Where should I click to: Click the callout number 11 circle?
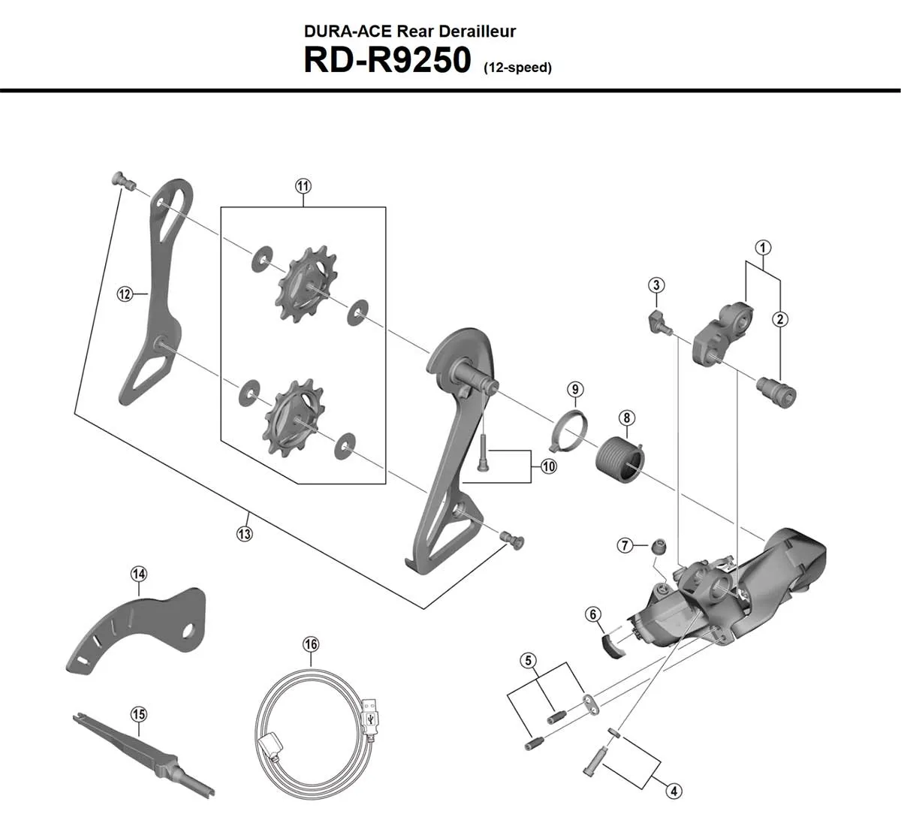303,185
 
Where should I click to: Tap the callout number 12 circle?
125,294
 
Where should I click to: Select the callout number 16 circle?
311,644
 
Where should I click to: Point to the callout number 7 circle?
625,546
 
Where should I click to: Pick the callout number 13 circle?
244,534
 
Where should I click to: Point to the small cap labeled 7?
658,547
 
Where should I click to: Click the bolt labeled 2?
776,391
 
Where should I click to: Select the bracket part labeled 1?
723,333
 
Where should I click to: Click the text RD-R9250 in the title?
386,61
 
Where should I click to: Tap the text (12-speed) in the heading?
517,68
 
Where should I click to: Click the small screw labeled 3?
658,323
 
